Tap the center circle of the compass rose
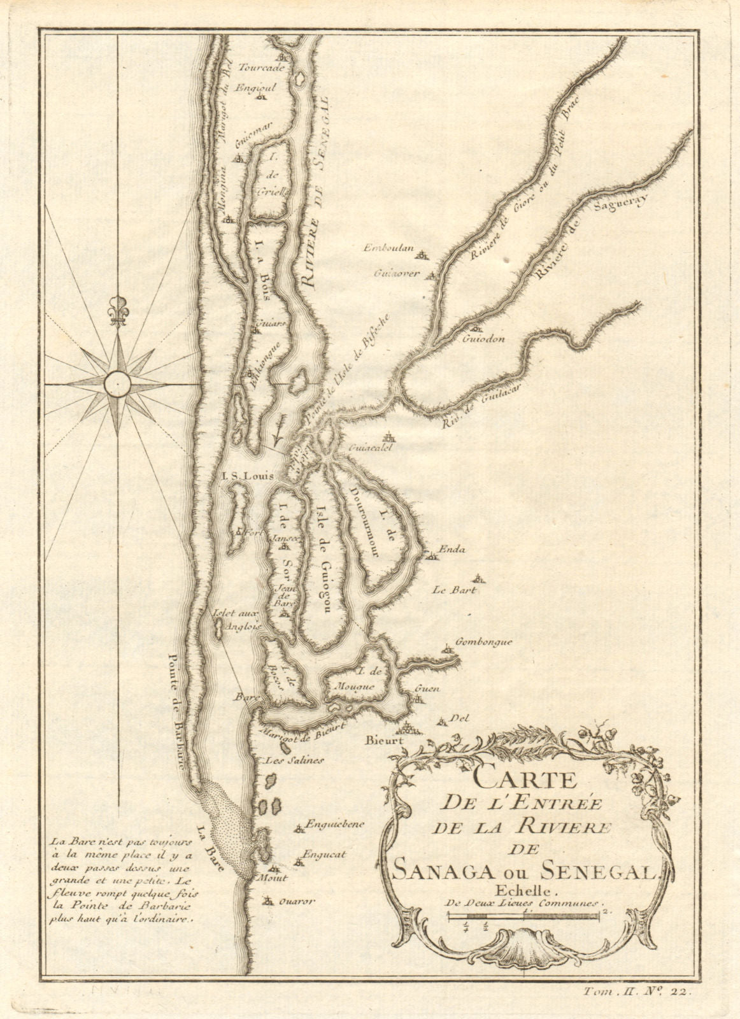[x=118, y=383]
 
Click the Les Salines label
[x=286, y=760]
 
